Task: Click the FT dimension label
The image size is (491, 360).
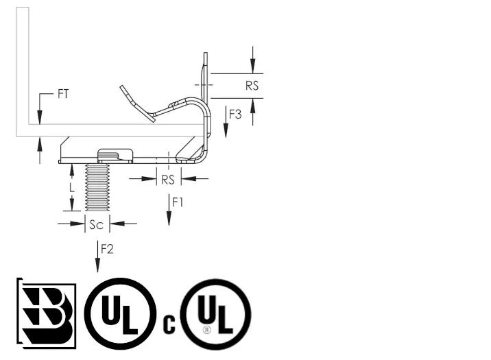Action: (x=63, y=94)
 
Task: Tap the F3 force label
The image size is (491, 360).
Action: (x=235, y=115)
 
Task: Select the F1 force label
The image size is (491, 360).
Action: (x=178, y=202)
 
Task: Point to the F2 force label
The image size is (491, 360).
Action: (x=107, y=249)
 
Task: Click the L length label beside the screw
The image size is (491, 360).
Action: (x=72, y=188)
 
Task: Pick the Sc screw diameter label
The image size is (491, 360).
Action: (x=97, y=224)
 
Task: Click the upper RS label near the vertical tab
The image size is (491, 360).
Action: (x=252, y=86)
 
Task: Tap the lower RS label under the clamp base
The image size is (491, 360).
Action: (x=168, y=180)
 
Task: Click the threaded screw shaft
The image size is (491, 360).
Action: (x=97, y=187)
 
